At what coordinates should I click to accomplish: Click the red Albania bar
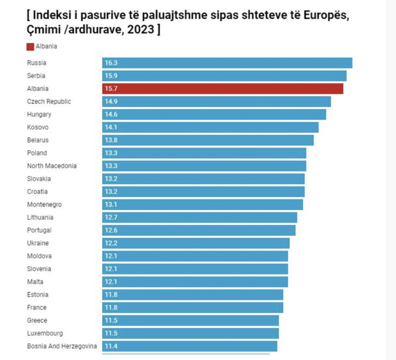click(x=222, y=89)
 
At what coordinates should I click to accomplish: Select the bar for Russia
click(x=227, y=63)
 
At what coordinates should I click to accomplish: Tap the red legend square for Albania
click(x=30, y=47)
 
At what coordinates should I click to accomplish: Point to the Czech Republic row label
click(x=49, y=101)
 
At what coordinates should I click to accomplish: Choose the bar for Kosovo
click(x=210, y=127)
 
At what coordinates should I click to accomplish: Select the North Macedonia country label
click(x=52, y=166)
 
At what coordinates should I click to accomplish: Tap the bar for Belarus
click(x=208, y=140)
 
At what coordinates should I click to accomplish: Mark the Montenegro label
click(x=44, y=205)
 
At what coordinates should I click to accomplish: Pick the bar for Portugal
click(x=199, y=230)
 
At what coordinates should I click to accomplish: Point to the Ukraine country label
click(x=38, y=243)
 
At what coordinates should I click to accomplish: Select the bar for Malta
click(x=195, y=282)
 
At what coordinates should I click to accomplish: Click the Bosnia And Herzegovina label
click(x=62, y=346)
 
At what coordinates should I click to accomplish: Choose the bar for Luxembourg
click(x=190, y=333)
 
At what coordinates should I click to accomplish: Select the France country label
click(x=37, y=307)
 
